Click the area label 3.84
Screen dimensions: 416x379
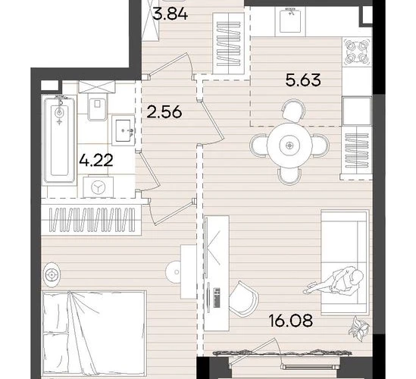[x=170, y=14]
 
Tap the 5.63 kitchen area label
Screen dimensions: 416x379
[x=303, y=80]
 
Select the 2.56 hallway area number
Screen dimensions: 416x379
[x=164, y=111]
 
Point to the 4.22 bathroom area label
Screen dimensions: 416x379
[x=96, y=161]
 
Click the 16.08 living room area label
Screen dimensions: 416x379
[x=291, y=321]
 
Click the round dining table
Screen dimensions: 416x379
[x=289, y=146]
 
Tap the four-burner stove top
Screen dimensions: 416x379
[x=357, y=52]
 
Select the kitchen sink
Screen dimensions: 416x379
[x=290, y=20]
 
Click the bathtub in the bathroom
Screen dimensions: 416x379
[x=59, y=140]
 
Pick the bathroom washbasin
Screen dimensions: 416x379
[x=124, y=130]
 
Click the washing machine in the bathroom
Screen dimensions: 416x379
[x=99, y=186]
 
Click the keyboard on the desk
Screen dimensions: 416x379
[x=217, y=298]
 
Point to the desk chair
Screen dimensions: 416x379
[x=243, y=299]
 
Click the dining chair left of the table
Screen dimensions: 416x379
[x=258, y=146]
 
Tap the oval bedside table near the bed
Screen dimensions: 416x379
[x=51, y=274]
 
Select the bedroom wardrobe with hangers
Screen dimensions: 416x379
[x=91, y=220]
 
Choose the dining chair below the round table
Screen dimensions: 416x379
[x=289, y=176]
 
